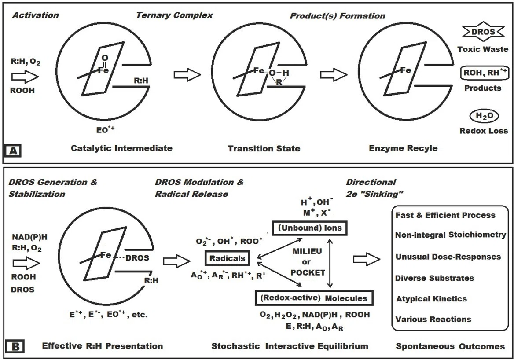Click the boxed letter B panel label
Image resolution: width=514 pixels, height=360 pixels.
(x=15, y=346)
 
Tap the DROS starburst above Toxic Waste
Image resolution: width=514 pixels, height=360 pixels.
(x=483, y=32)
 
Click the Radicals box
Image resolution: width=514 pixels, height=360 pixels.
(x=228, y=258)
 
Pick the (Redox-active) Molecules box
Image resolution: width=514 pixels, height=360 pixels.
(x=314, y=298)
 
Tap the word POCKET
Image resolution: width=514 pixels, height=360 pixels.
(x=308, y=273)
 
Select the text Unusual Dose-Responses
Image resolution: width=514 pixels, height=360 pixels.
(x=448, y=257)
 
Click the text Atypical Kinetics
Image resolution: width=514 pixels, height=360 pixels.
(x=431, y=299)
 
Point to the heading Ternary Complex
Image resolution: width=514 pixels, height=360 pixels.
(x=174, y=15)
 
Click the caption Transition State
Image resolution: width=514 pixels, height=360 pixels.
(x=264, y=148)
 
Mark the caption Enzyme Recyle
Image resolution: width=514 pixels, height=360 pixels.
(x=403, y=148)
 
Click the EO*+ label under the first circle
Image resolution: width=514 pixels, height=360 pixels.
(x=106, y=129)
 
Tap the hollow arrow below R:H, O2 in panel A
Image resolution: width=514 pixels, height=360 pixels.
(x=25, y=77)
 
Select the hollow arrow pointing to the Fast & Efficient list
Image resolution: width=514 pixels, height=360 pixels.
(x=367, y=260)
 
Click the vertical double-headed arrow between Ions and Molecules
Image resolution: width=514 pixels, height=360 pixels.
(x=330, y=263)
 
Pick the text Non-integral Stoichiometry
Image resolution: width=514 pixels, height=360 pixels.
(x=450, y=235)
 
